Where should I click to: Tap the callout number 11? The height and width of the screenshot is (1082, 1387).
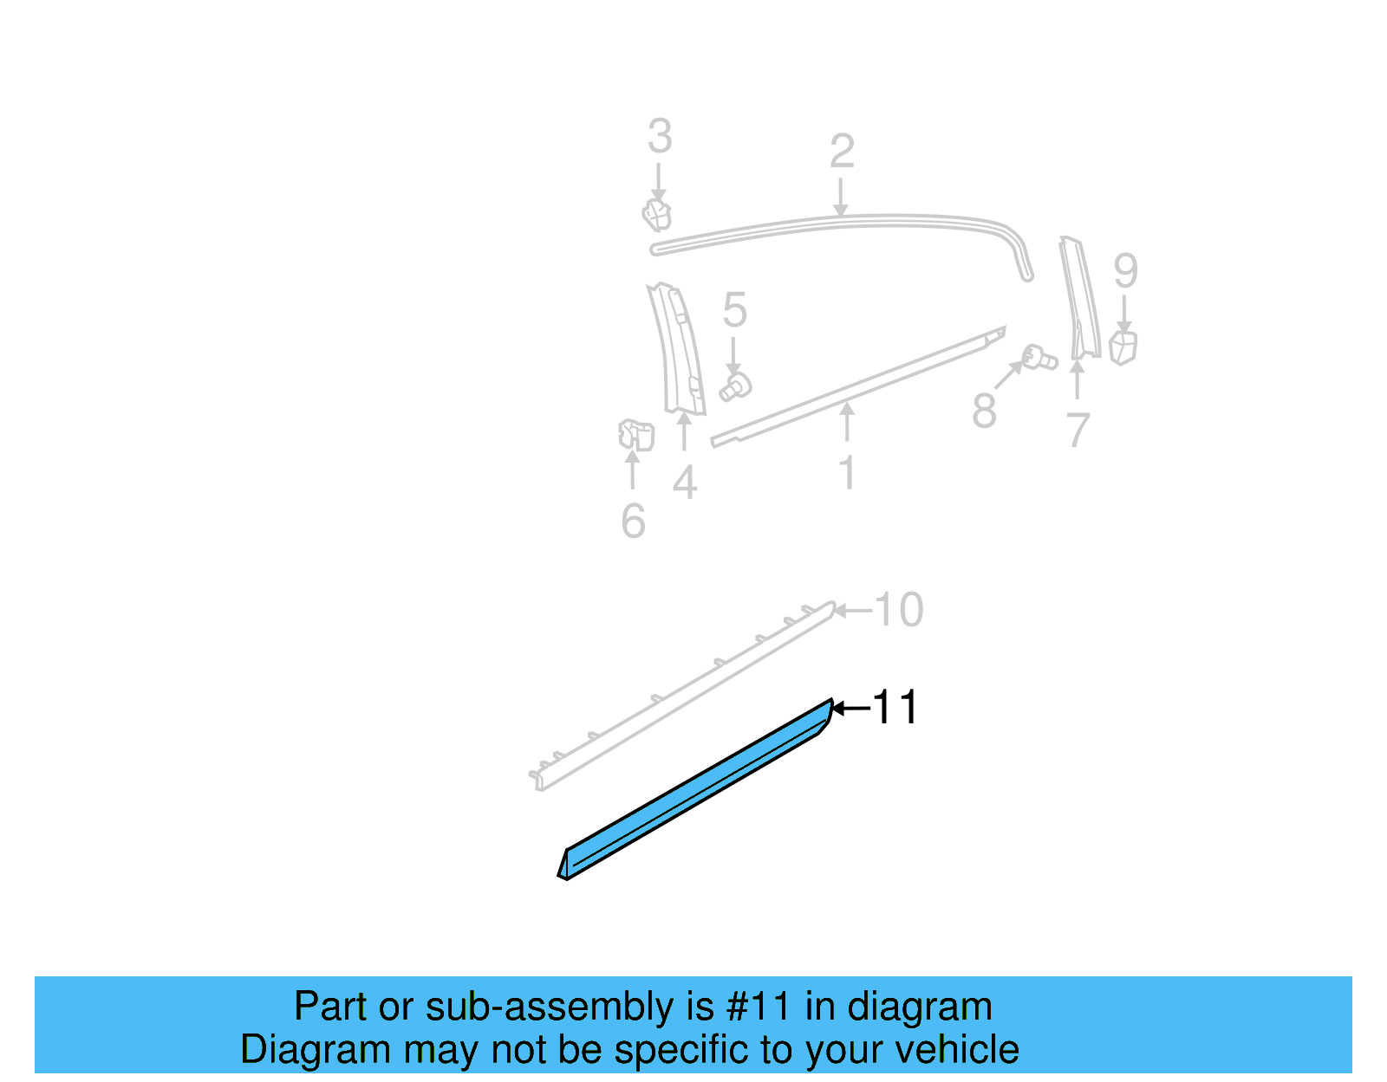(x=895, y=708)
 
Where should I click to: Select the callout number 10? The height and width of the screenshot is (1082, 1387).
(x=899, y=610)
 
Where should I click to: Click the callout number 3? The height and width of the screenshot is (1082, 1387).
(x=660, y=137)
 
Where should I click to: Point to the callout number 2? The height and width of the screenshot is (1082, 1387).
(x=842, y=152)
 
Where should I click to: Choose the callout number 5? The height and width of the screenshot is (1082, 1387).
(x=734, y=310)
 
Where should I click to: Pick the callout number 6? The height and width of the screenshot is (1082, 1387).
(x=634, y=521)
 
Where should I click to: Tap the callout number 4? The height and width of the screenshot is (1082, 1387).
(x=685, y=483)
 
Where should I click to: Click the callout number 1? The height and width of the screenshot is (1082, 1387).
(x=847, y=473)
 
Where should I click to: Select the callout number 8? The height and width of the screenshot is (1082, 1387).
(x=984, y=411)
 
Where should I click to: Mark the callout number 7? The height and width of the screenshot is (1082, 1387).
(x=1078, y=431)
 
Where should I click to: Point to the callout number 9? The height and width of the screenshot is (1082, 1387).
(x=1125, y=271)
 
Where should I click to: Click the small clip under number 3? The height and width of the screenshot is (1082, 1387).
(x=657, y=214)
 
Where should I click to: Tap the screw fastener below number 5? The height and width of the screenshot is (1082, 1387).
(x=736, y=386)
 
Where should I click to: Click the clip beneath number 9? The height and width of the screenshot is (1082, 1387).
(x=1123, y=347)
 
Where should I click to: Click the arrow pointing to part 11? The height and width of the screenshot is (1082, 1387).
(x=850, y=709)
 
